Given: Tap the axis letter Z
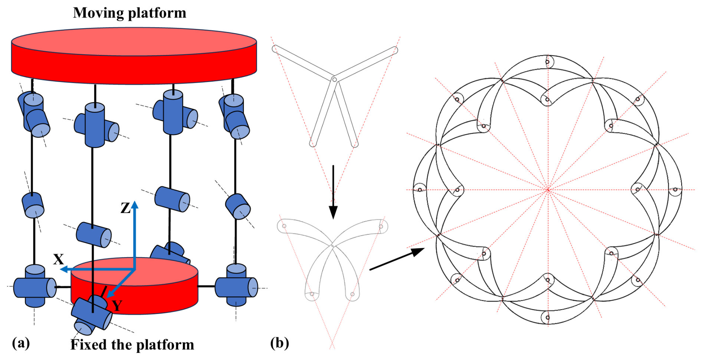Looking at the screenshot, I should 125,208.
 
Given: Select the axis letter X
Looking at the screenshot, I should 58,259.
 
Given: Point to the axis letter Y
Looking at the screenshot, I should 117,306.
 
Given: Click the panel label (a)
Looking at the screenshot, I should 21,343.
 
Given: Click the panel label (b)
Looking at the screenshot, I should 279,343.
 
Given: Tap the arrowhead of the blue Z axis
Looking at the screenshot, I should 135,204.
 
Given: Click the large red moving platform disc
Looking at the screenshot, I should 134,56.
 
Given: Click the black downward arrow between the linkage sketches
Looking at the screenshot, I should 333,193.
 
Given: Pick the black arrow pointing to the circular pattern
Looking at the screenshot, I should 397,259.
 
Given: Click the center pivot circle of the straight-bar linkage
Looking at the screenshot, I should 334,79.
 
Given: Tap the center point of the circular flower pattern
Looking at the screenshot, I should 548,190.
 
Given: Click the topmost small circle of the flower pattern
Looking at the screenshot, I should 547,62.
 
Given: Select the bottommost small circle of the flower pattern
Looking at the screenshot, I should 547,318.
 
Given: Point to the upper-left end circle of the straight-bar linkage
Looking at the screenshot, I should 275,48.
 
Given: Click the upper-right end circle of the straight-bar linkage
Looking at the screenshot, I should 395,50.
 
